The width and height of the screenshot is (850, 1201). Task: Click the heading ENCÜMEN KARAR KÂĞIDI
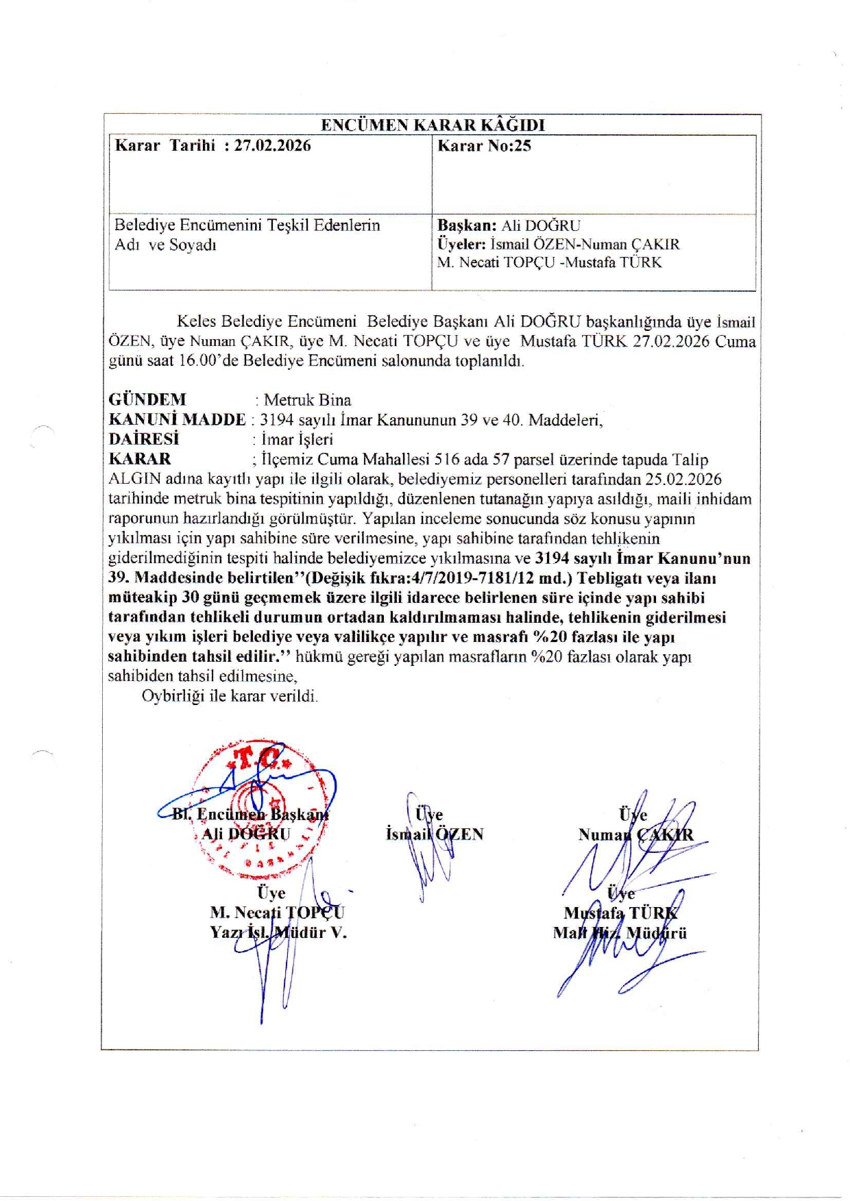[x=433, y=125]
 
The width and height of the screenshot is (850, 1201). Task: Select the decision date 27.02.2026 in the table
[x=272, y=145]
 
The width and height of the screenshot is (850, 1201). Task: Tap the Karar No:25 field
[x=484, y=145]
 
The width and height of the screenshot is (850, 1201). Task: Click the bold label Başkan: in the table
[x=467, y=225]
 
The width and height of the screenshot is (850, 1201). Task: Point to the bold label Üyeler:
[x=461, y=244]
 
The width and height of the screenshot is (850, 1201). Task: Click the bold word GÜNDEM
[x=147, y=399]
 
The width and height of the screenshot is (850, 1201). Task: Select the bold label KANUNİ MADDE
[x=177, y=419]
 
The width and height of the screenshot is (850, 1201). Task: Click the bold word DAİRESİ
[x=144, y=439]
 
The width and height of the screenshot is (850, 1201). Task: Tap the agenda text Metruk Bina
[x=307, y=400]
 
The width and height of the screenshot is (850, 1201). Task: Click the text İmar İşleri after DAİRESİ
[x=297, y=440]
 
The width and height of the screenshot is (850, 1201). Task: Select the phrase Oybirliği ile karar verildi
[x=230, y=696]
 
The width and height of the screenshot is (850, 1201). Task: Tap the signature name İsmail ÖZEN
[x=435, y=834]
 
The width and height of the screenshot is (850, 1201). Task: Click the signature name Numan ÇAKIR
[x=635, y=834]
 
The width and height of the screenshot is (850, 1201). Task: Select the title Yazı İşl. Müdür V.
[x=278, y=932]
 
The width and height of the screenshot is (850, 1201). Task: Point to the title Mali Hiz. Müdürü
[x=620, y=933]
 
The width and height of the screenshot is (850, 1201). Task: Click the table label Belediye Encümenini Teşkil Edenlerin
[x=247, y=225]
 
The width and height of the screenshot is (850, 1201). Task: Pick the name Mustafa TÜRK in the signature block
[x=620, y=913]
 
